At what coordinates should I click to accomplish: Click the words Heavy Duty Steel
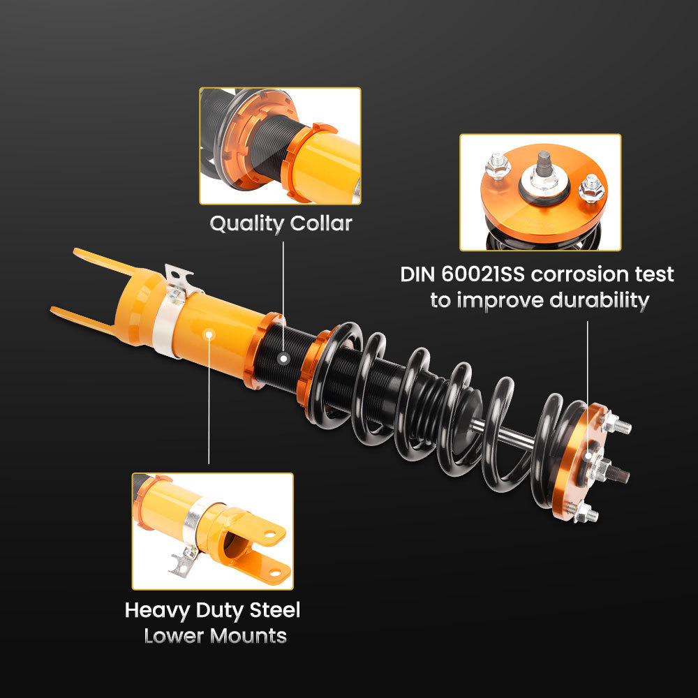pyautogui.click(x=212, y=610)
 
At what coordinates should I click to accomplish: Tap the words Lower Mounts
pyautogui.click(x=215, y=636)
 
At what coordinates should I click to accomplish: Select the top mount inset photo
pyautogui.click(x=540, y=192)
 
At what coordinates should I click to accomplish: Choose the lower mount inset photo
pyautogui.click(x=212, y=530)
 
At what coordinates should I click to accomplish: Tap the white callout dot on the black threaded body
pyautogui.click(x=283, y=359)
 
